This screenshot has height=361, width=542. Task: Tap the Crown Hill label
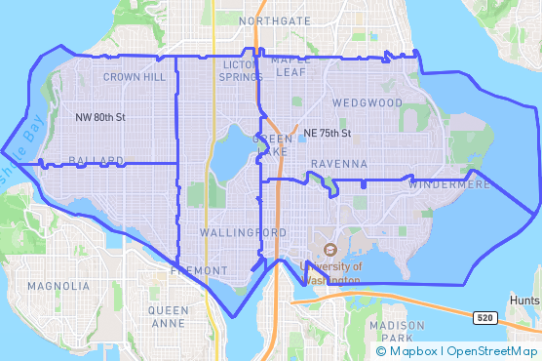pos(134,76)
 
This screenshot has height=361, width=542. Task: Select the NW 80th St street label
pos(100,118)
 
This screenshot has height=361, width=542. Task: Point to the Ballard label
pos(96,160)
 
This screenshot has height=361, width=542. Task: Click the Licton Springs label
pos(242,70)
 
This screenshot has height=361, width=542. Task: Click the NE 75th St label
pos(327,133)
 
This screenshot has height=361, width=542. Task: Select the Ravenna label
pos(339,164)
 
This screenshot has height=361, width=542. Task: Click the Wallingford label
pos(243,233)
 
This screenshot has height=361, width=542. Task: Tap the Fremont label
pos(198,270)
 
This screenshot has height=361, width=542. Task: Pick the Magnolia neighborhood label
pos(58,287)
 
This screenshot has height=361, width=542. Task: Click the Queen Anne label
pos(169,316)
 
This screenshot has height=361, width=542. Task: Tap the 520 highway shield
pos(484,318)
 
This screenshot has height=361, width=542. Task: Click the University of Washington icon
pos(329,250)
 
